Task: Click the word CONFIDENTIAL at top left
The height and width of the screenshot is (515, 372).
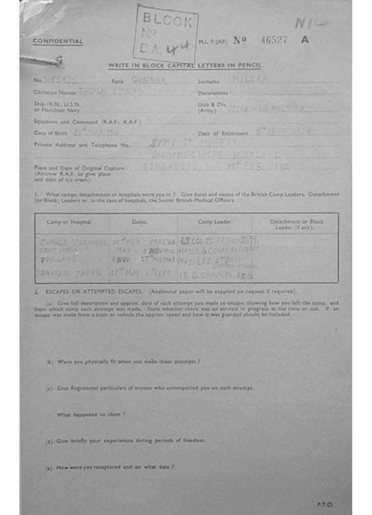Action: click(x=58, y=41)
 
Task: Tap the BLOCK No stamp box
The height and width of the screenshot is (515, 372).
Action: click(x=166, y=34)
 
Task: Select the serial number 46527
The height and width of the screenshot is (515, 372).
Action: click(x=273, y=40)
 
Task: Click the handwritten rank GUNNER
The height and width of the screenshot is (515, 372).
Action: click(x=148, y=79)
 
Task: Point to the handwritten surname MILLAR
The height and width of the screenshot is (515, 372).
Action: click(x=250, y=79)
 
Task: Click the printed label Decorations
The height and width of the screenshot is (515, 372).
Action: click(x=212, y=93)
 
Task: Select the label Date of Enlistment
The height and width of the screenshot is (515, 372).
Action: click(x=222, y=133)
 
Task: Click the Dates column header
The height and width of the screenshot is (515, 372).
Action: click(x=139, y=221)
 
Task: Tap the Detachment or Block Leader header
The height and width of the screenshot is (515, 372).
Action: click(x=296, y=224)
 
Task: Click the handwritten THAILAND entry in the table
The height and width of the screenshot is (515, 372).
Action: click(x=59, y=260)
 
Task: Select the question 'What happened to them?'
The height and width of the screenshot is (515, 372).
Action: click(x=91, y=414)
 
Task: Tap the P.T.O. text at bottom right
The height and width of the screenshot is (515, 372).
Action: click(x=325, y=504)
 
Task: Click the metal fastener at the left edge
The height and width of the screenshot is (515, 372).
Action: click(x=42, y=60)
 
